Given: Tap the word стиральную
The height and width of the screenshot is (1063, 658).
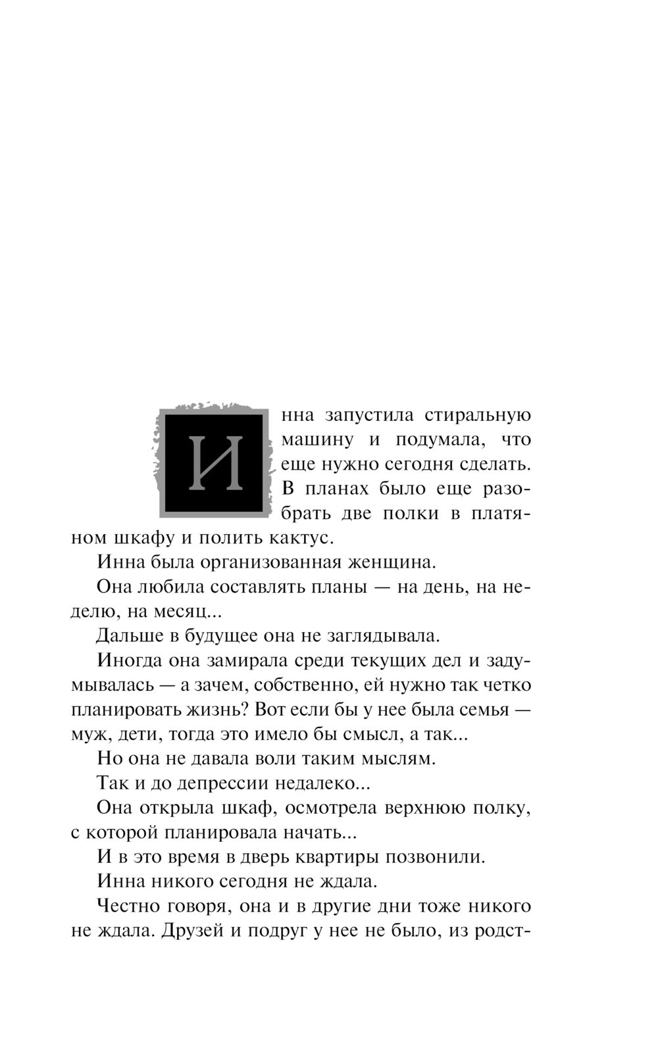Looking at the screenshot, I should pyautogui.click(x=478, y=416).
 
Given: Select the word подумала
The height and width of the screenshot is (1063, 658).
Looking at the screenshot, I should pyautogui.click(x=438, y=440).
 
